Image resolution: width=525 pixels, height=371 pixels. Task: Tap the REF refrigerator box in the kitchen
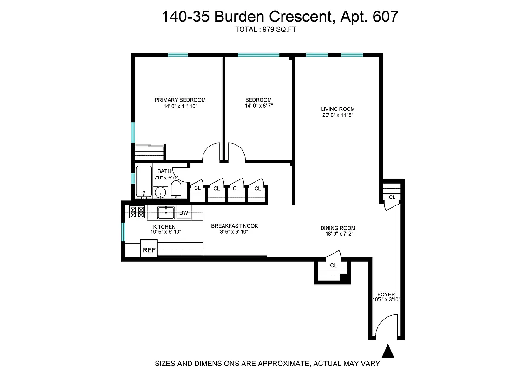pyautogui.click(x=149, y=250)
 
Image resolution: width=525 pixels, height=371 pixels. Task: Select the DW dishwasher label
pyautogui.click(x=184, y=213)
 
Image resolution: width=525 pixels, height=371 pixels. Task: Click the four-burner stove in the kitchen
pyautogui.click(x=137, y=212)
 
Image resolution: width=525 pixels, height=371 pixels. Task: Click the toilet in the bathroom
pyautogui.click(x=176, y=190)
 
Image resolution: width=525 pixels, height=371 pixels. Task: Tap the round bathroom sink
pyautogui.click(x=161, y=192)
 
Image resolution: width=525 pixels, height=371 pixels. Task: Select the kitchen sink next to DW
pyautogui.click(x=166, y=213)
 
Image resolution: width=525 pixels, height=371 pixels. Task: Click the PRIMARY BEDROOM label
pyautogui.click(x=180, y=100)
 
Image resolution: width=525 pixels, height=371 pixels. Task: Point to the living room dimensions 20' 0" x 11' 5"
pyautogui.click(x=338, y=115)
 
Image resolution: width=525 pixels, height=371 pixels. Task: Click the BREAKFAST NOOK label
pyautogui.click(x=235, y=226)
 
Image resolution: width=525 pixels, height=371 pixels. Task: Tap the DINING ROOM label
pyautogui.click(x=338, y=228)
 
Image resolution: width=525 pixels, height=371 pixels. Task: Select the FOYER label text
pyautogui.click(x=386, y=294)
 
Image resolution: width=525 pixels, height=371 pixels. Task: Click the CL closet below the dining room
pyautogui.click(x=333, y=266)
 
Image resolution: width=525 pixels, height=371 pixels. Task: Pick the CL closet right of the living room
pyautogui.click(x=392, y=197)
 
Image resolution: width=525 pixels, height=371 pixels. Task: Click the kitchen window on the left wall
pyautogui.click(x=123, y=231)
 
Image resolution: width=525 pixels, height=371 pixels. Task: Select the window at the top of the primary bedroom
pyautogui.click(x=178, y=55)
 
